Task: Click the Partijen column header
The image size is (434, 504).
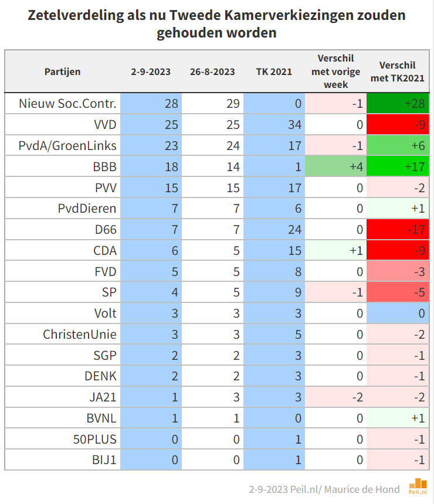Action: coord(63,72)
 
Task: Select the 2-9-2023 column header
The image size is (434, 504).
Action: coord(151,72)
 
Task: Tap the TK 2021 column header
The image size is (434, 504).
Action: coord(274,72)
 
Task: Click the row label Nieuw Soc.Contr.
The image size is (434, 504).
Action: coord(68,104)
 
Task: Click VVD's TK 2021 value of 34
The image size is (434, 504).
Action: coord(274,125)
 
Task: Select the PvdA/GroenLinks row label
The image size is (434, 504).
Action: coord(67,146)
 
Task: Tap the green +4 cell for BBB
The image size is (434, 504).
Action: coord(335,167)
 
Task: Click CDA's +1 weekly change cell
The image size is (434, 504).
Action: coord(335,251)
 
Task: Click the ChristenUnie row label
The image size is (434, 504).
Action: coord(80,334)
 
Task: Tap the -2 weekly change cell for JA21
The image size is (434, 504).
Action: coord(335,397)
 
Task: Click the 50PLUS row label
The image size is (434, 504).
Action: coord(96,438)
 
